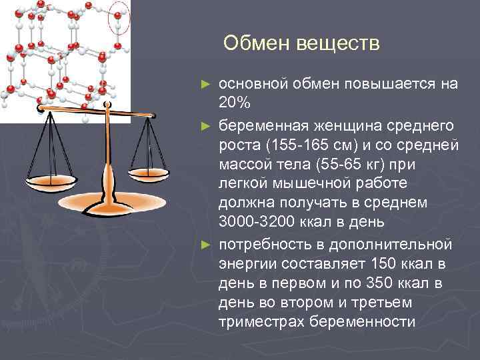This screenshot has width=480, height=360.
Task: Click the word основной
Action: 253,84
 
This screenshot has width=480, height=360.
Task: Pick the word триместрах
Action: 257,322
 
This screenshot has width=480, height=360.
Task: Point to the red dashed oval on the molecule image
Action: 119,19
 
